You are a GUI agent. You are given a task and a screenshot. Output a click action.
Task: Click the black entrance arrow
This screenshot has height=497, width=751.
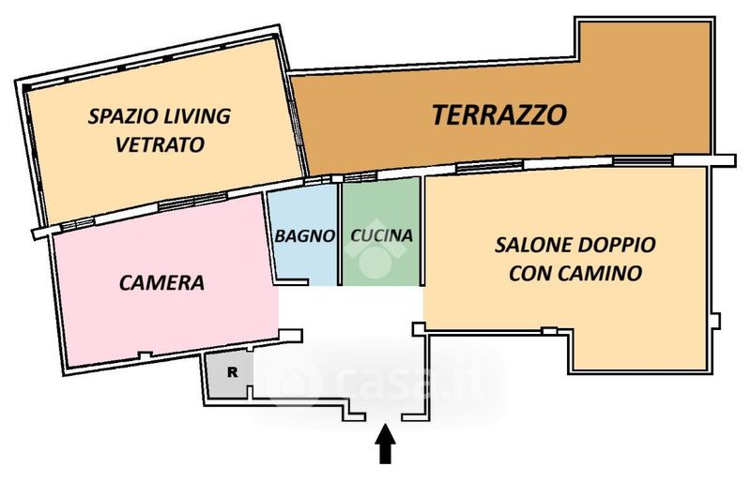[385, 444]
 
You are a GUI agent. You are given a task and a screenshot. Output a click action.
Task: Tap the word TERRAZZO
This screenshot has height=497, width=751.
[499, 114]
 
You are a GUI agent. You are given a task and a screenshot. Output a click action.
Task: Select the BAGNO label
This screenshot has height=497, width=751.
[304, 235]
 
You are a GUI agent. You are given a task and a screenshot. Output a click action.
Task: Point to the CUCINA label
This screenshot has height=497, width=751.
[382, 235]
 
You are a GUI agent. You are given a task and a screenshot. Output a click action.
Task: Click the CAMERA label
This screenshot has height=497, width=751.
[161, 282]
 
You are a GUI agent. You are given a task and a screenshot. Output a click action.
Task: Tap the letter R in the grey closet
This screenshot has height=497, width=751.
[232, 371]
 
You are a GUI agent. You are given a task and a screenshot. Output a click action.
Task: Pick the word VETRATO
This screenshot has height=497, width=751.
[160, 144]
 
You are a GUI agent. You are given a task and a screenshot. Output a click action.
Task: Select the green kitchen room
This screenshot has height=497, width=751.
[381, 233]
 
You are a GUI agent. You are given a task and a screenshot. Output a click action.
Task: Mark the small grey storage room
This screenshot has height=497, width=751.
[228, 375]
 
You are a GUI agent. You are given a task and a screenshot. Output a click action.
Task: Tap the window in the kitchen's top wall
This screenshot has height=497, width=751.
[360, 177]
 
